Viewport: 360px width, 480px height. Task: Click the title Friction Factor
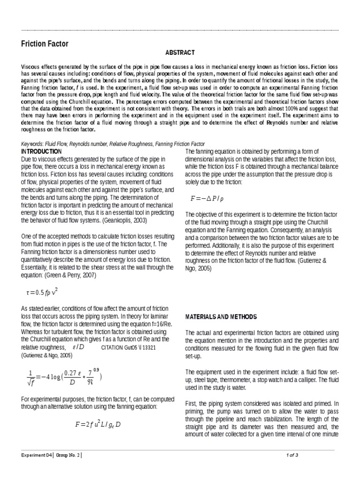(45, 44)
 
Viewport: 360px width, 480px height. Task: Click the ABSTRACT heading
(180, 52)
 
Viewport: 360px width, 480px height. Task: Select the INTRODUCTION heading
(42, 151)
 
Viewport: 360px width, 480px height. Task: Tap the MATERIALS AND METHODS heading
(221, 317)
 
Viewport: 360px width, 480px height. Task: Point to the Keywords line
(113, 144)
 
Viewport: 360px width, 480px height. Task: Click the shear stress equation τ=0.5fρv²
(42, 292)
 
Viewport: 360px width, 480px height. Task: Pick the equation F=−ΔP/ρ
(207, 198)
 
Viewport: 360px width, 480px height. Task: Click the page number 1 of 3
(292, 455)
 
